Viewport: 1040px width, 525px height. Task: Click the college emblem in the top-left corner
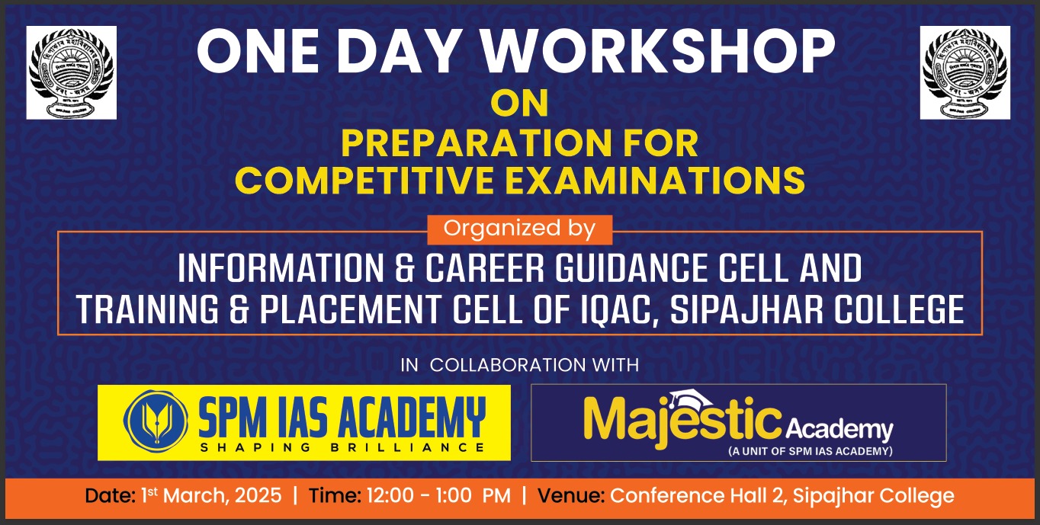[x=72, y=72]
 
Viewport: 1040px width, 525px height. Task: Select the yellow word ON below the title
[x=519, y=104]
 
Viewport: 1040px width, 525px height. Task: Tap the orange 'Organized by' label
[x=519, y=229]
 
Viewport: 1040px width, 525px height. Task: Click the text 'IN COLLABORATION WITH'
[x=519, y=365]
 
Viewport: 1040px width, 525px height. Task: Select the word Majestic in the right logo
[x=683, y=421]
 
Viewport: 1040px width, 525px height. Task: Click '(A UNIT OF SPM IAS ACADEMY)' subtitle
[x=810, y=451]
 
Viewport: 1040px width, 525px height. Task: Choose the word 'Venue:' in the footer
[x=572, y=496]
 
